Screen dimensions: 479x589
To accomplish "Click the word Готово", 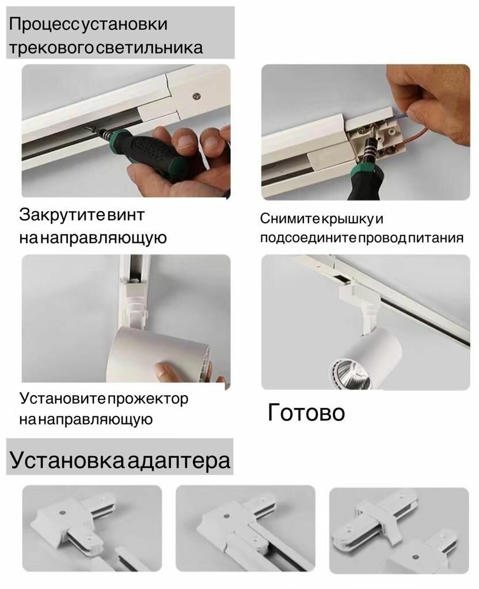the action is pos(306,412).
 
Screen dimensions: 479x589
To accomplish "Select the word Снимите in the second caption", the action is pos(290,219).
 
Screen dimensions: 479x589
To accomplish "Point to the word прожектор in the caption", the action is pos(148,399).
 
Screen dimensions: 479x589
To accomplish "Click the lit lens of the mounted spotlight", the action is pos(349,374).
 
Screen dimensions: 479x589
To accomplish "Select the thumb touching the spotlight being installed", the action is pos(164,369).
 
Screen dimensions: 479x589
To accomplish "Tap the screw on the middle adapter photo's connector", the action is pos(227,516).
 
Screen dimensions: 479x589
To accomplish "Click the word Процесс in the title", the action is pos(44,25).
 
